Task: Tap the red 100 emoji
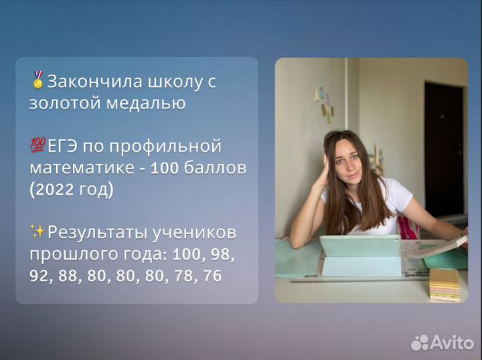click(38, 145)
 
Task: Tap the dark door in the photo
click(443, 147)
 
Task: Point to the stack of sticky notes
click(445, 284)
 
